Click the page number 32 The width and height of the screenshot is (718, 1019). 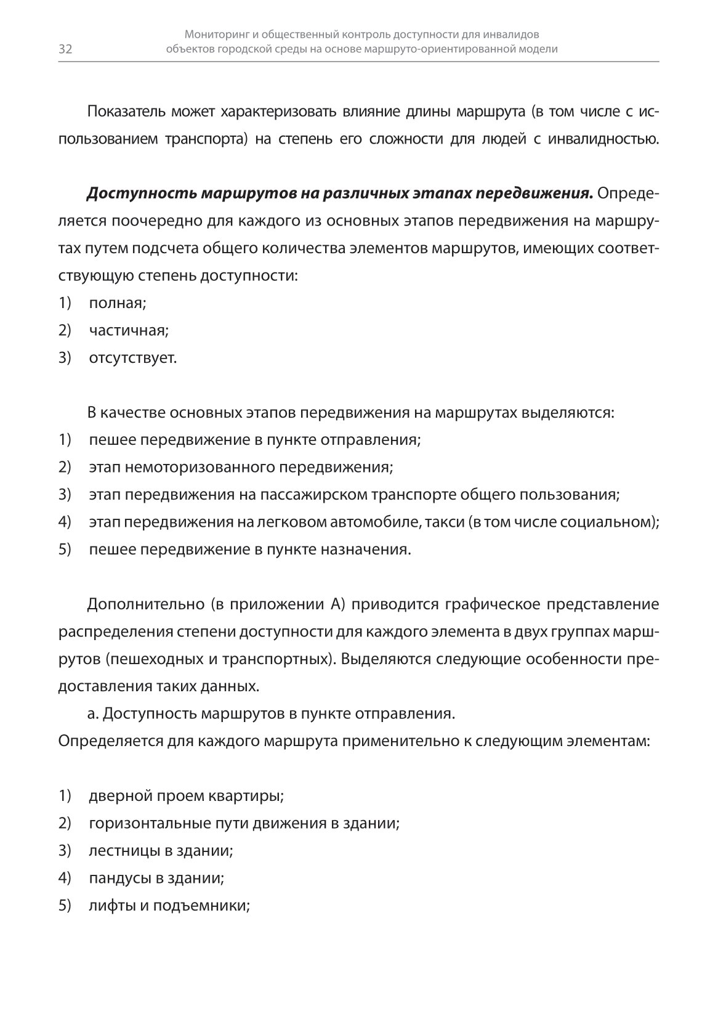[65, 50]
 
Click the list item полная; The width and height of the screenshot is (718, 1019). [118, 303]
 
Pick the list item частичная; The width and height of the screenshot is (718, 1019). [129, 330]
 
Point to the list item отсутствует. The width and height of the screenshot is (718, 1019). [133, 358]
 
